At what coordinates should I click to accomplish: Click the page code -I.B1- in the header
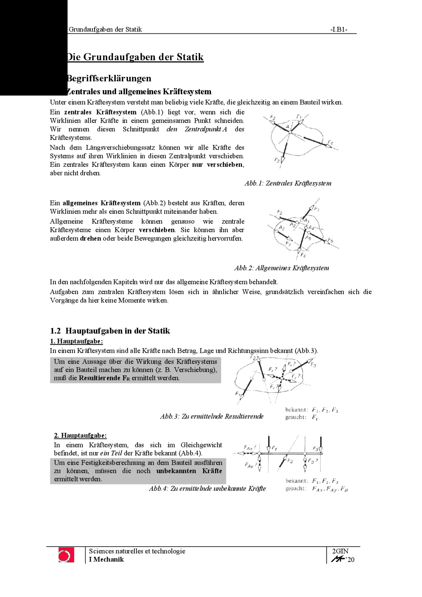point(339,29)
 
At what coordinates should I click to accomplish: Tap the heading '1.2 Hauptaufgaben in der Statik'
point(110,331)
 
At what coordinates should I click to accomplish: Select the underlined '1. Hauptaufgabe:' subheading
point(76,341)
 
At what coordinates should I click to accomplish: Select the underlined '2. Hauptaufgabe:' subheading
point(80,435)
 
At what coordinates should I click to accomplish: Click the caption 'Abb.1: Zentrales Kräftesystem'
point(288,183)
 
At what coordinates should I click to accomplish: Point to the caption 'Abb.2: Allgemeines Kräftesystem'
point(282,268)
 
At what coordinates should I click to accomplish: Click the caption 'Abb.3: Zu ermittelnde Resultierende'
point(212,416)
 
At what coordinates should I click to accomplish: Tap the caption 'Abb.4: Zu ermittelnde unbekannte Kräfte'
point(207,489)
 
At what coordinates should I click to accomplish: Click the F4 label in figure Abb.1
point(330,142)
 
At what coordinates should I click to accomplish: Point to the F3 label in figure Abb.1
point(277,160)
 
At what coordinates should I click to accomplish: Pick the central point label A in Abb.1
point(287,127)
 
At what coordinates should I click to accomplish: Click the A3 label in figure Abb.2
point(281,227)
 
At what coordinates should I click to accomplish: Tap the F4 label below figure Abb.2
point(303,255)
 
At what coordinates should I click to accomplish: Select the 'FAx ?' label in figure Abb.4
point(250,447)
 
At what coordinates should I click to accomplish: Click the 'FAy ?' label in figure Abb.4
point(250,465)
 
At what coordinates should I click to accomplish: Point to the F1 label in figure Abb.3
point(238,394)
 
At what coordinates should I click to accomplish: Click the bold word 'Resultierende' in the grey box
point(100,378)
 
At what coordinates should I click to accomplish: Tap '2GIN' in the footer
point(340,551)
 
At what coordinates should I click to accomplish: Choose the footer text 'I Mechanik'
point(106,559)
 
